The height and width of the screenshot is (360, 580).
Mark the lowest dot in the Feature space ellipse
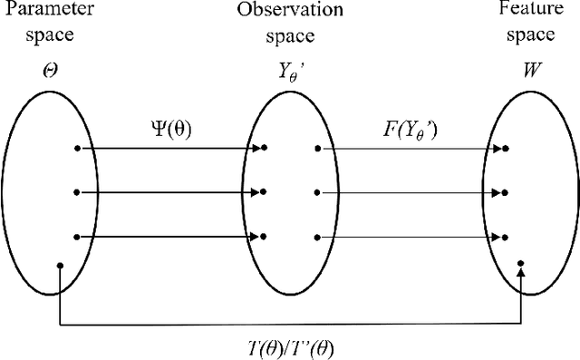(521, 262)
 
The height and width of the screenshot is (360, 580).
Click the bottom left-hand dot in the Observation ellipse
(265, 238)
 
